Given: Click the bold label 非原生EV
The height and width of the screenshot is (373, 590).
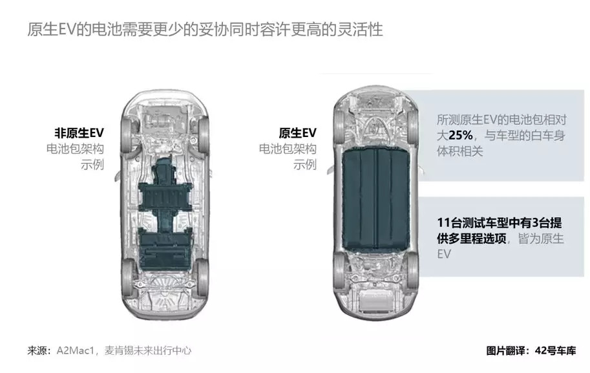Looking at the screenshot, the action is (x=79, y=133).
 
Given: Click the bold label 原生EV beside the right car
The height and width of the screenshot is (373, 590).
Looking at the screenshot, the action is (x=298, y=133).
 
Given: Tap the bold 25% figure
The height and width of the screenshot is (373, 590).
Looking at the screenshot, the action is (x=461, y=135).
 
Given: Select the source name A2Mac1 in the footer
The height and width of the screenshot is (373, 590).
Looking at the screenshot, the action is (x=75, y=351).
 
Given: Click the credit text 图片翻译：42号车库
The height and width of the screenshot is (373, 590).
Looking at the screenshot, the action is (x=531, y=351).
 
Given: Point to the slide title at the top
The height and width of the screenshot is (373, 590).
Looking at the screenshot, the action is (x=205, y=30).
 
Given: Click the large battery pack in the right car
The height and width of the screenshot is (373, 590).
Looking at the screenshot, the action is (x=375, y=198).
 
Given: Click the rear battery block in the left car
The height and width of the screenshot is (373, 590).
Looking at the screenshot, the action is (x=165, y=248).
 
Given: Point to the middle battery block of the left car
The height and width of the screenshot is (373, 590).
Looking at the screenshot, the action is (x=165, y=196).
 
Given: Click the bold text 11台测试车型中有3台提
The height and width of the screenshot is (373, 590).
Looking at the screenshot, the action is (x=500, y=222).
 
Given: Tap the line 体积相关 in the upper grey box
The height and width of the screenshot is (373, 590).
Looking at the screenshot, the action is (x=459, y=151).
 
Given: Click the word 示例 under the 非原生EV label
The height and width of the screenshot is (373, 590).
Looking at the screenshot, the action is (x=92, y=164).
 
